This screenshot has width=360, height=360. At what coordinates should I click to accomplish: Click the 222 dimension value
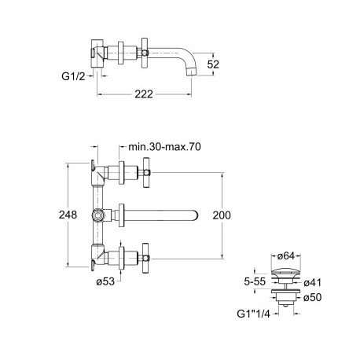pos(144,94)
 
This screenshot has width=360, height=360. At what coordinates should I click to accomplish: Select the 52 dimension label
pos(213,64)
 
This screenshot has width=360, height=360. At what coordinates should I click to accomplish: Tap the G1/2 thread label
pos(73,76)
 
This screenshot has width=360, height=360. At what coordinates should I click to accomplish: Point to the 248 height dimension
pos(68,215)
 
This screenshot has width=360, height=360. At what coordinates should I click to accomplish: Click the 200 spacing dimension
pos(222,215)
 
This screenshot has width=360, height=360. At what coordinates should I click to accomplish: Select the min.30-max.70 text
pos(164,147)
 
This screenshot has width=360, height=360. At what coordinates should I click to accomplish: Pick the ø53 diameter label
pos(105,281)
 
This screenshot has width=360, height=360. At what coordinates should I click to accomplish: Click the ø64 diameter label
pos(286,255)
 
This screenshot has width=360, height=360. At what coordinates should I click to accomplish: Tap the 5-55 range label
pos(255,281)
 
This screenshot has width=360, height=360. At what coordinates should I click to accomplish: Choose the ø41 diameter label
pos(313,283)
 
